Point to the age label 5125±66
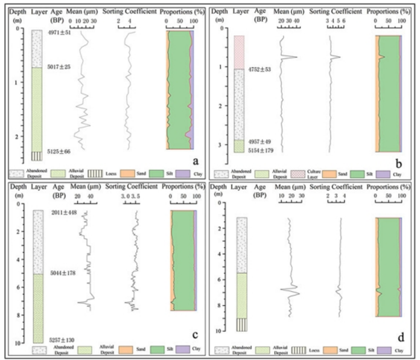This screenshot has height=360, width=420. click(59, 151)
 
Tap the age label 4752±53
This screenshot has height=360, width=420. click(259, 69)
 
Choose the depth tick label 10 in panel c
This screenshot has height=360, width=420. click(16, 343)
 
